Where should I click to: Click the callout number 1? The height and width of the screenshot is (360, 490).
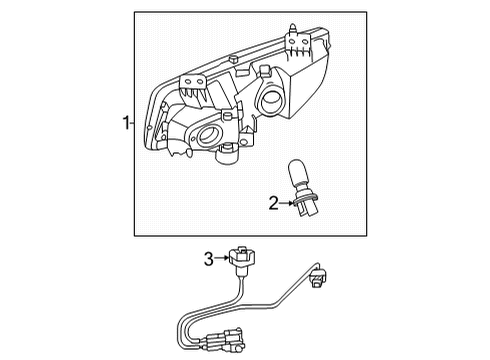(125, 124)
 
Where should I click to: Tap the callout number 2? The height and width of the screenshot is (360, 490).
(273, 204)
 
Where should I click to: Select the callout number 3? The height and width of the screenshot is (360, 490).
(209, 259)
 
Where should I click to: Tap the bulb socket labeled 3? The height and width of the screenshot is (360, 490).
(240, 263)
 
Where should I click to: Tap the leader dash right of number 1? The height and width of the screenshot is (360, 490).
(132, 124)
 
